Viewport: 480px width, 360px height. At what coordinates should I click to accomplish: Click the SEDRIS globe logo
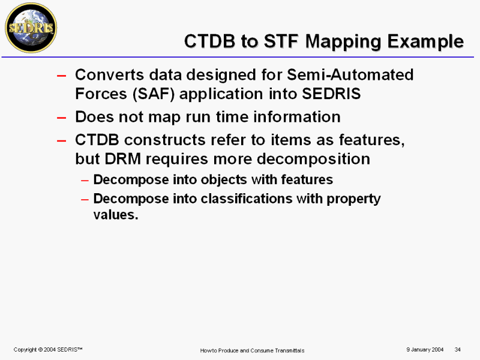[31, 28]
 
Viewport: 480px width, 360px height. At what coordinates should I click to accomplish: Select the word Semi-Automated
[350, 74]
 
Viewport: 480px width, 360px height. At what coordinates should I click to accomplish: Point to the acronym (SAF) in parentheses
[154, 94]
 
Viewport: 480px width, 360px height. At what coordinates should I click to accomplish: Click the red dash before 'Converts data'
[62, 76]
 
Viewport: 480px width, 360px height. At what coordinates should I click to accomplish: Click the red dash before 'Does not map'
[62, 118]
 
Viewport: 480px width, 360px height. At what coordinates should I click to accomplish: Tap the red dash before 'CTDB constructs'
[62, 141]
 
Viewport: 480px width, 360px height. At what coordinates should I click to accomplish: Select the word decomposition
[313, 160]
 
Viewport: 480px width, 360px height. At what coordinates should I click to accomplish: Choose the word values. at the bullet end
[116, 215]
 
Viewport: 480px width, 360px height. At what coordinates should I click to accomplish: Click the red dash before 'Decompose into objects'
[85, 181]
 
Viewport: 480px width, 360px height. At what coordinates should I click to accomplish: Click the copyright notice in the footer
[48, 350]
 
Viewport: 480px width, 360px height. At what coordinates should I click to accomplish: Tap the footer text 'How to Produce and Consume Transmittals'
[252, 350]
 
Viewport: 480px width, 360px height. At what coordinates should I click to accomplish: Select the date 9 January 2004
[425, 350]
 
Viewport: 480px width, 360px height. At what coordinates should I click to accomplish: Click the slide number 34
[458, 350]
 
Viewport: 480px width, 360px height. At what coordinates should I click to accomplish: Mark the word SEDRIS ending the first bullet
[331, 94]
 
